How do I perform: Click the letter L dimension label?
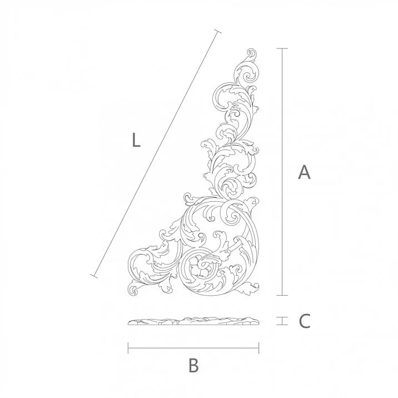point(136,141)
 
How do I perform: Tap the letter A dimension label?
point(304,172)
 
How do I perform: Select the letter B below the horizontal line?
point(193,366)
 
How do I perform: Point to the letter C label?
point(304,321)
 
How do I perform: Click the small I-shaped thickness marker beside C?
point(283,321)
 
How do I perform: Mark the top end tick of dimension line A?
point(283,49)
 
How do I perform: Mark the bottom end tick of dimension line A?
point(283,295)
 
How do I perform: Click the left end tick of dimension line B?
point(128,349)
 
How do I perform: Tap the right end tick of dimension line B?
point(258,349)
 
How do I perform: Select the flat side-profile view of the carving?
point(193,321)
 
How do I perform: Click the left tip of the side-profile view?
point(128,322)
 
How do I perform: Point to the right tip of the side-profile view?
point(258,322)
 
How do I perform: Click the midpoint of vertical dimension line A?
point(283,172)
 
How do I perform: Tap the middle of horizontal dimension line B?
point(193,349)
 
